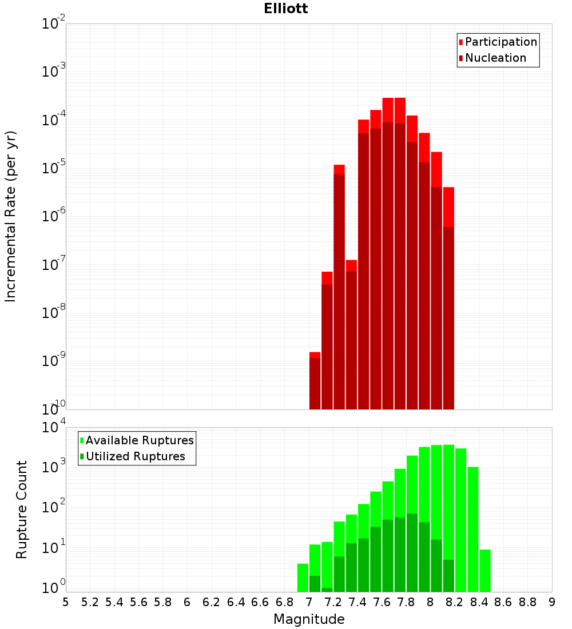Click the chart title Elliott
[286, 9]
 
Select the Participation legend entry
[500, 42]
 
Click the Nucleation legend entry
[495, 58]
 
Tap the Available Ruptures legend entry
[139, 440]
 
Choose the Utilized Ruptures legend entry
[135, 456]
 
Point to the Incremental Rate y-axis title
[11, 216]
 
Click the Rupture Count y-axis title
[22, 509]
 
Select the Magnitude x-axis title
[309, 619]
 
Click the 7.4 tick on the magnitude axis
[358, 602]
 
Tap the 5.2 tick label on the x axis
[90, 602]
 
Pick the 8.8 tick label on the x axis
[527, 602]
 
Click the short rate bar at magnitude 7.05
[315, 380]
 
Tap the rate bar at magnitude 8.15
[448, 297]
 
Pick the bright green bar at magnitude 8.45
[485, 571]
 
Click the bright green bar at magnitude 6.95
[303, 578]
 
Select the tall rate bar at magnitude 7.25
[339, 286]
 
